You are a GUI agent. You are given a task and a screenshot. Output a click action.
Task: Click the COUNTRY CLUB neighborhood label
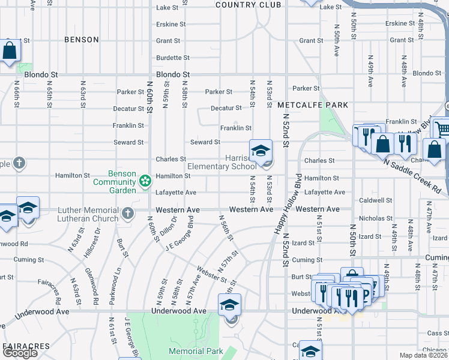click(248, 5)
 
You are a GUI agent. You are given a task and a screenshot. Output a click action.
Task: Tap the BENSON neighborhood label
click(82, 40)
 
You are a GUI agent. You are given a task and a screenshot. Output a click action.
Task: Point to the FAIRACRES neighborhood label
click(26, 347)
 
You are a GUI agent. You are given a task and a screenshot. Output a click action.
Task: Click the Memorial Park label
click(196, 351)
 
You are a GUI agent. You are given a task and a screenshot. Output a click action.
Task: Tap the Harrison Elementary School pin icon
click(261, 151)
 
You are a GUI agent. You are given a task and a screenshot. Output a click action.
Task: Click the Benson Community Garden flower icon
click(145, 180)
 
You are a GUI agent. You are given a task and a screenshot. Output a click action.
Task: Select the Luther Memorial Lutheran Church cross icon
click(127, 213)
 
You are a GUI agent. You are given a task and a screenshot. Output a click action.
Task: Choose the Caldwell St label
click(375, 200)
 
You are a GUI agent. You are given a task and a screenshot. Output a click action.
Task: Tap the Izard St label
click(303, 243)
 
